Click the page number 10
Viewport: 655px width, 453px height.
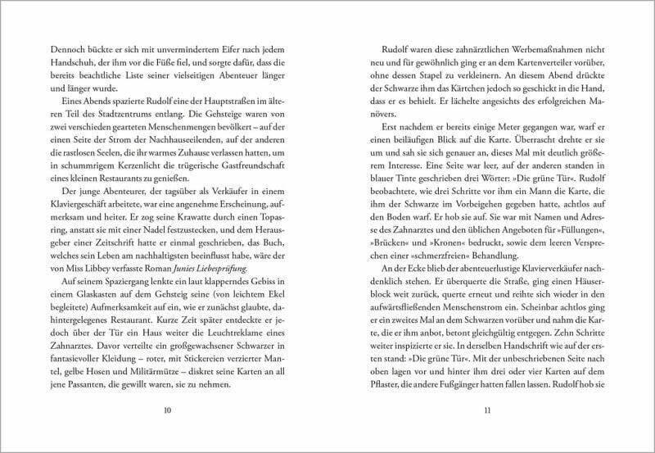tap(168, 410)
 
